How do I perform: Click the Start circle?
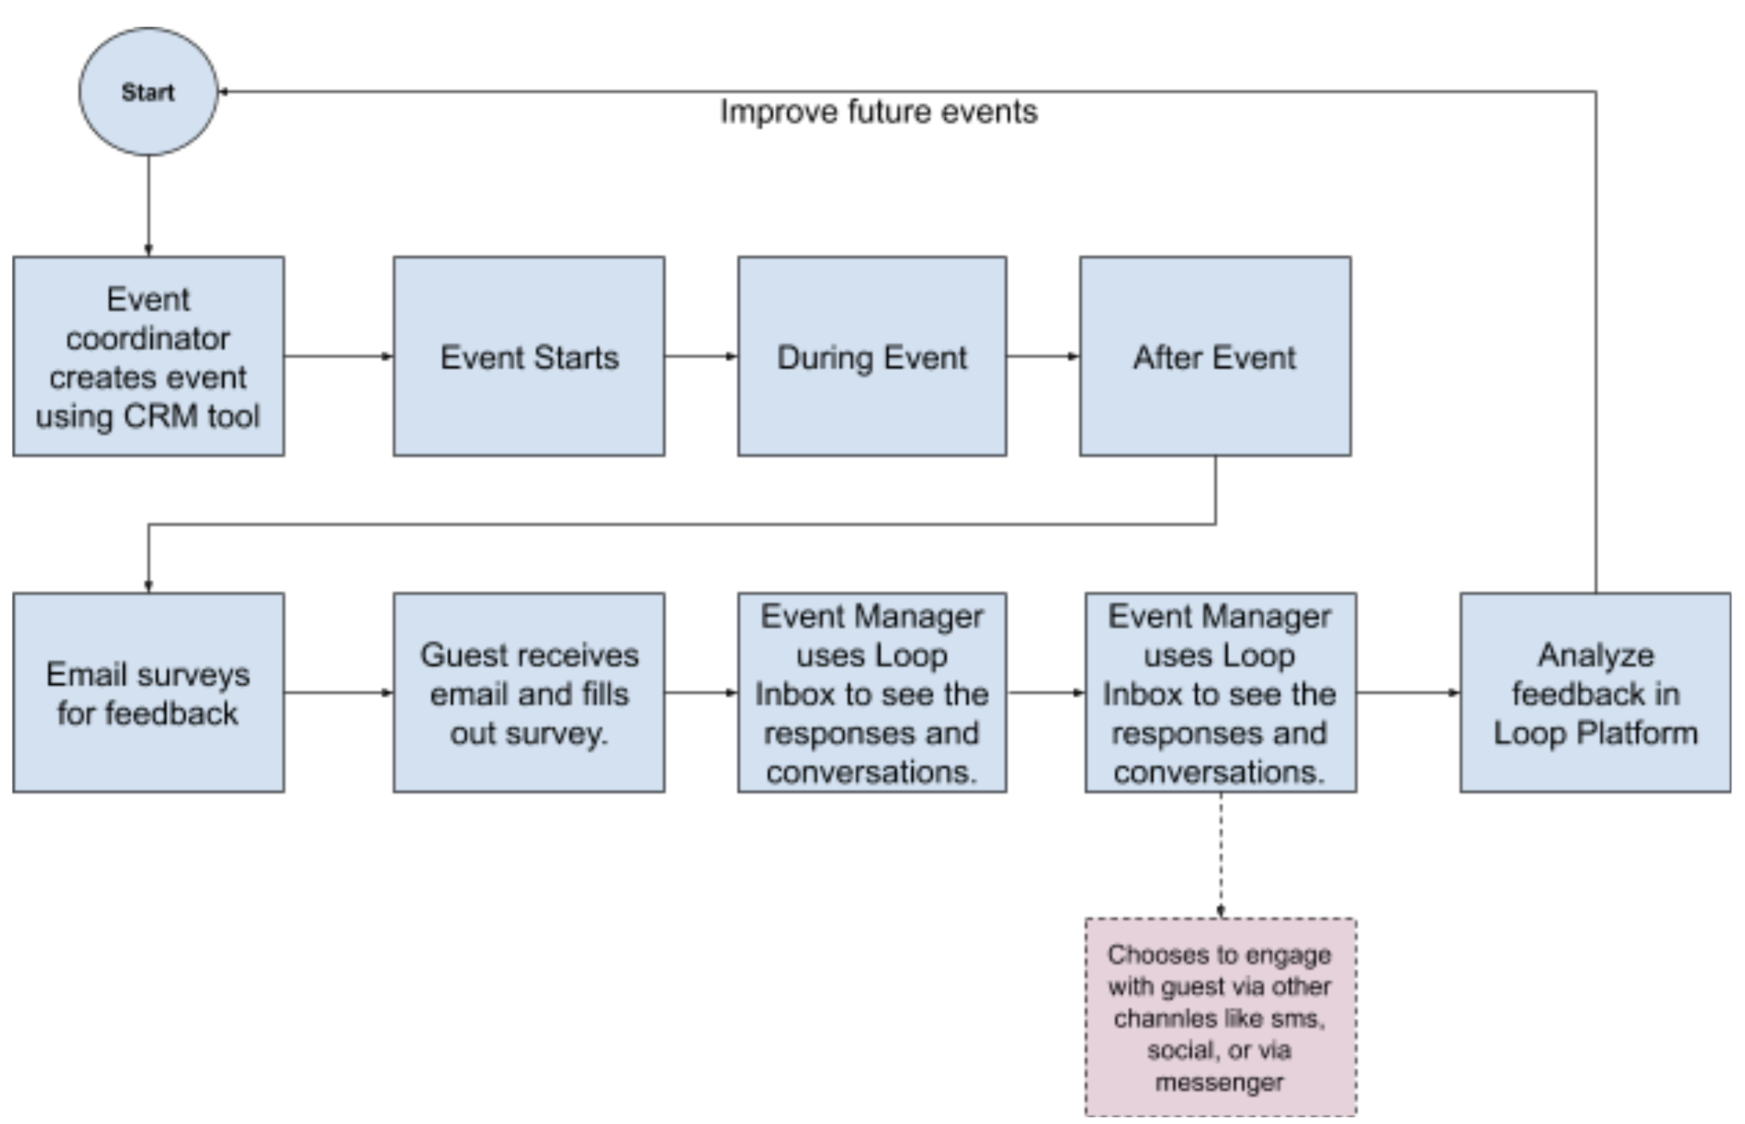148,92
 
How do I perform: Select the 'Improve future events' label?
878,112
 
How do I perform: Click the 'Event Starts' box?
529,356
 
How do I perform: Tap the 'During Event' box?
872,356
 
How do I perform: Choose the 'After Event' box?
1215,356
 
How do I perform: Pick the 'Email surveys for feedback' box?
148,693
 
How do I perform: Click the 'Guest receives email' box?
529,693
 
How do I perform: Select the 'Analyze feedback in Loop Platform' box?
1595,693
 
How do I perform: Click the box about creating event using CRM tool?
148,356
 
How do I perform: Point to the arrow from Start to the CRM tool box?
148,206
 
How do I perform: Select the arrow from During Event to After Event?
1044,356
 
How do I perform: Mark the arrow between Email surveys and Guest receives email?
339,693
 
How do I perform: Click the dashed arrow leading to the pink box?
1221,855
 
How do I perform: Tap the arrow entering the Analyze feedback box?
1408,693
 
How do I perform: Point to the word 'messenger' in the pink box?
1219,1082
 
